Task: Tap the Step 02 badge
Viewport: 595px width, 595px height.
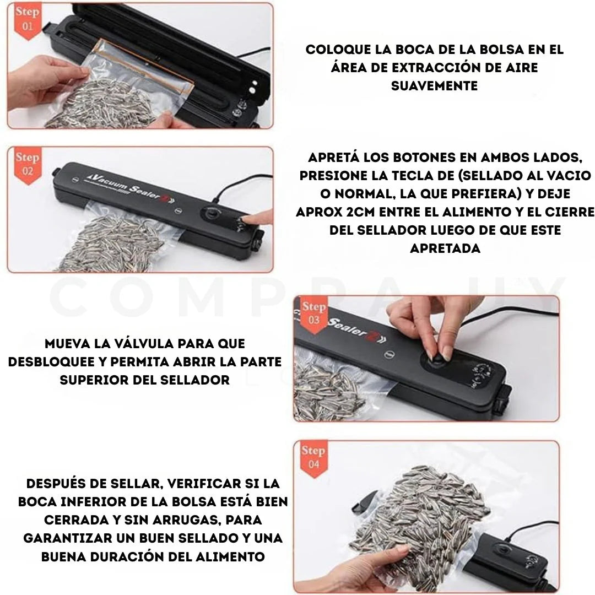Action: click(x=27, y=164)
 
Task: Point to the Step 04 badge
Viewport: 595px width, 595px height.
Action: click(x=313, y=457)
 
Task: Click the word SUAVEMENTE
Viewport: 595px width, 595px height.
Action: click(x=434, y=86)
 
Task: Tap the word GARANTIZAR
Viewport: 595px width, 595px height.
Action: click(x=75, y=538)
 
